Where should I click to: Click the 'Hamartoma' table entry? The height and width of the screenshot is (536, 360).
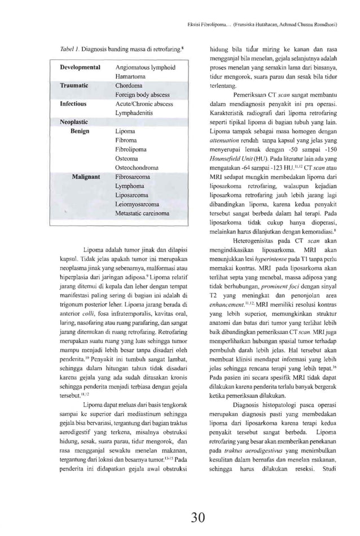point(131,77)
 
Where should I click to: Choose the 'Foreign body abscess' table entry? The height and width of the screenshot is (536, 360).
point(142,95)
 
